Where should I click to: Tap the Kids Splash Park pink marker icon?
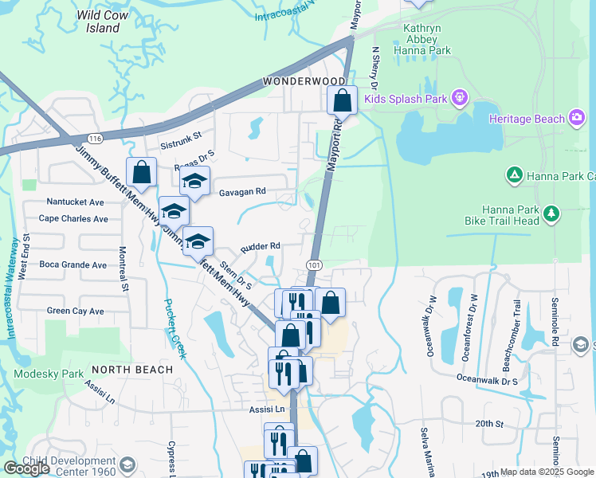pyautogui.click(x=460, y=99)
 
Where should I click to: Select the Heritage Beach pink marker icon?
pyautogui.click(x=576, y=118)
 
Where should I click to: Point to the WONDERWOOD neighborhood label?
pyautogui.click(x=304, y=82)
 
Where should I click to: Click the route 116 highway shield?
pyautogui.click(x=95, y=139)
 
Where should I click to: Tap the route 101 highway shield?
pyautogui.click(x=313, y=264)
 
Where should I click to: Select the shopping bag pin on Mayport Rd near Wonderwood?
pyautogui.click(x=342, y=100)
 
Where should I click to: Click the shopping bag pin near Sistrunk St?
pyautogui.click(x=142, y=171)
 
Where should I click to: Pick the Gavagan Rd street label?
pyautogui.click(x=242, y=191)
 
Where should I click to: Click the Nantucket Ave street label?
pyautogui.click(x=76, y=202)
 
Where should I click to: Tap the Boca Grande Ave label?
pyautogui.click(x=73, y=264)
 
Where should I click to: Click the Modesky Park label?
pyautogui.click(x=49, y=374)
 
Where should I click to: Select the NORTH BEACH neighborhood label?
pyautogui.click(x=132, y=370)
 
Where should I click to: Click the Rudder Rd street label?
pyautogui.click(x=261, y=246)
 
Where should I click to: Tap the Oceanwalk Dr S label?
pyautogui.click(x=488, y=380)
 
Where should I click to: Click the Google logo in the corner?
pyautogui.click(x=27, y=468)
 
